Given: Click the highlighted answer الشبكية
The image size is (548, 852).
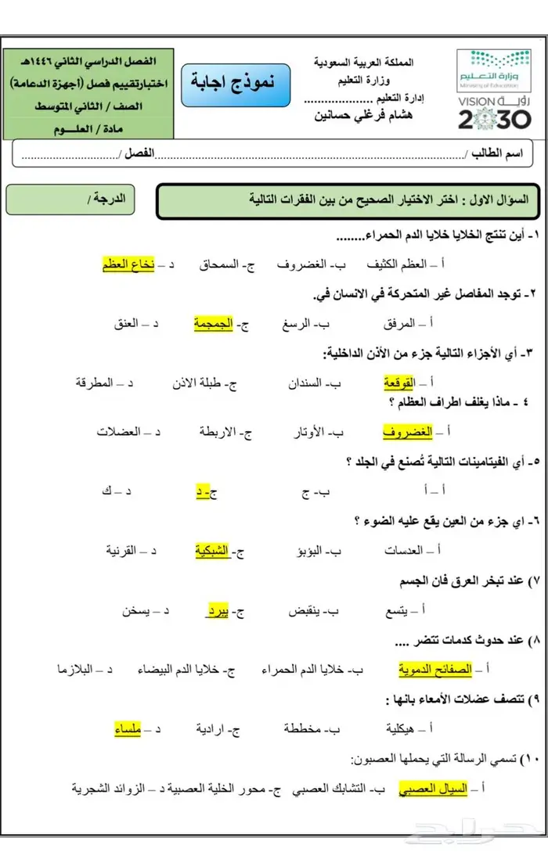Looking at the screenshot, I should [x=212, y=551].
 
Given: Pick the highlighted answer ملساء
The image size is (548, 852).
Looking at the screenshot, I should [x=128, y=729].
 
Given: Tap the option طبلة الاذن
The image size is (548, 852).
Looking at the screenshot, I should [x=204, y=383].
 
